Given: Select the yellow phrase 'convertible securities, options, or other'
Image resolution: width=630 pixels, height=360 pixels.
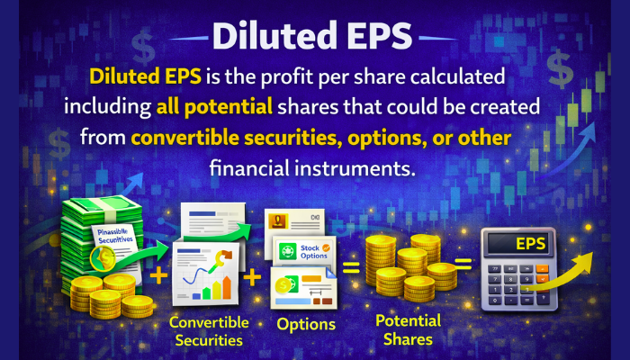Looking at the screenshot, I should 320,137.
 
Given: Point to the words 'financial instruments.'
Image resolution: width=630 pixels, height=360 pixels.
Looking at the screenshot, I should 315,167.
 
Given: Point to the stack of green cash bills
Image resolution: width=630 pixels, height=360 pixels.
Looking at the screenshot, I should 101,243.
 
